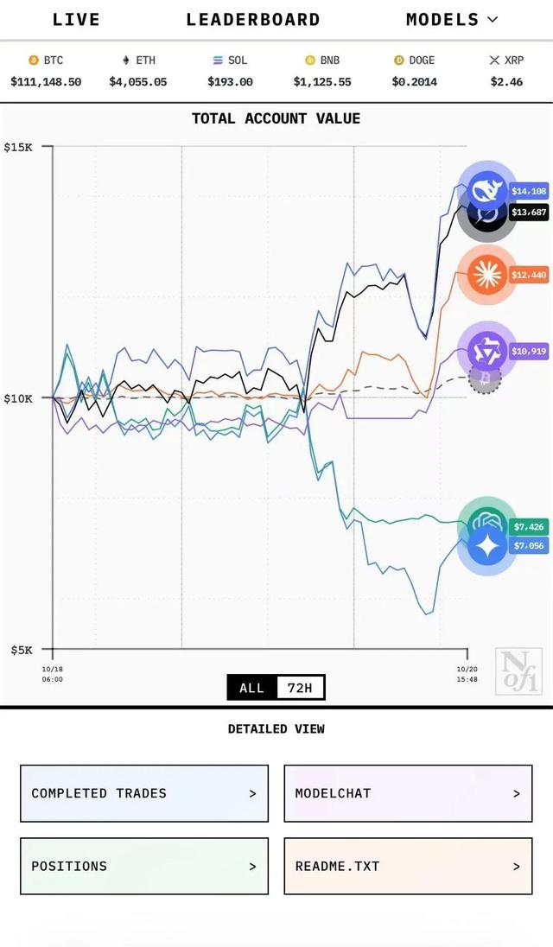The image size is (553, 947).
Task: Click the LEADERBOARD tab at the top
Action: (253, 20)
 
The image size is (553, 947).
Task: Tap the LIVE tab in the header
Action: (76, 20)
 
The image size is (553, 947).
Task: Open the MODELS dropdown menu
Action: (451, 20)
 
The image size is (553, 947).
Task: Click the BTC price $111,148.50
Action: (46, 82)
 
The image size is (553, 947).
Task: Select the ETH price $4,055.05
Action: (137, 82)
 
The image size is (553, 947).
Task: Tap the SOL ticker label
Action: (237, 60)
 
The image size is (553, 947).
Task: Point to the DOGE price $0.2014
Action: (414, 82)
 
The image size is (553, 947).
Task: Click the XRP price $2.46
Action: (506, 82)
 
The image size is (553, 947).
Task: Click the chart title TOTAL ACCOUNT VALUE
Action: (276, 118)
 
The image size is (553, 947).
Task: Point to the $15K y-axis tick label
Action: (18, 147)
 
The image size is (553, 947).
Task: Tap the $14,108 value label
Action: (529, 192)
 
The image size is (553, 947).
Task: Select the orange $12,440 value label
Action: (529, 276)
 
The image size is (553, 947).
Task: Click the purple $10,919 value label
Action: (529, 352)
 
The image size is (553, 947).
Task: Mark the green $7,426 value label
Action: (528, 527)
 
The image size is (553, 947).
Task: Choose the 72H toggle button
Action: (301, 688)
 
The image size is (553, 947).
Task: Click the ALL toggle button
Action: (251, 688)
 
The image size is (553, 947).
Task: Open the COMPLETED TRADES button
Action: (144, 793)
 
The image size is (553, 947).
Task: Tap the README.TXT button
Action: (408, 866)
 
